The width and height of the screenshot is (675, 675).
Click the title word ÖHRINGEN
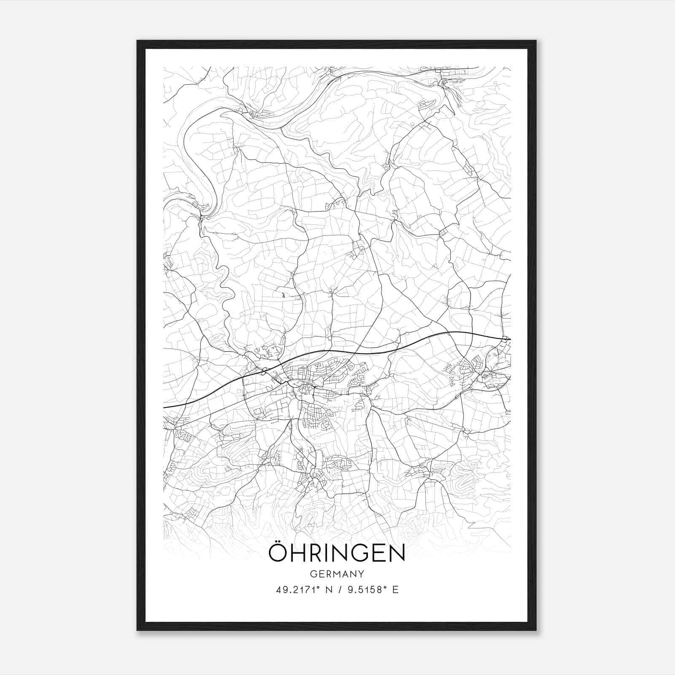pyautogui.click(x=337, y=553)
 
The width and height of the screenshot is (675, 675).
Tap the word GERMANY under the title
pyautogui.click(x=337, y=574)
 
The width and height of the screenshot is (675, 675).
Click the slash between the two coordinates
pyautogui.click(x=340, y=590)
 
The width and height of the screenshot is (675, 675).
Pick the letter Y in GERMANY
pyautogui.click(x=361, y=574)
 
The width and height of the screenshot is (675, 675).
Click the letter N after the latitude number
pyautogui.click(x=329, y=590)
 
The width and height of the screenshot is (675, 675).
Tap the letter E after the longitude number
pyautogui.click(x=395, y=590)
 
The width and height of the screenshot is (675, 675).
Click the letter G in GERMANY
pyautogui.click(x=313, y=574)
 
